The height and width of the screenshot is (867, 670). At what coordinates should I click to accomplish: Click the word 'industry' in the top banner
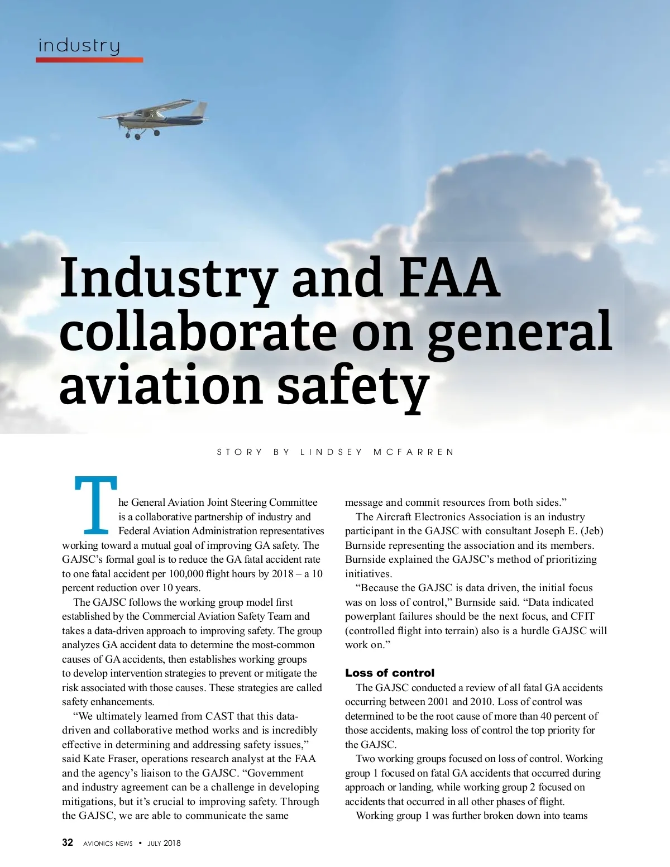[x=79, y=46]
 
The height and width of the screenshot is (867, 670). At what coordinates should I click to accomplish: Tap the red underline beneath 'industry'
[x=89, y=60]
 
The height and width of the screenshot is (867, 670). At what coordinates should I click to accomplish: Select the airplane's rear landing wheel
[x=157, y=133]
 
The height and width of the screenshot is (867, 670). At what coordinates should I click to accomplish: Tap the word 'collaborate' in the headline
[x=198, y=332]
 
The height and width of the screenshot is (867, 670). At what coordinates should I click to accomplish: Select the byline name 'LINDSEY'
[x=331, y=452]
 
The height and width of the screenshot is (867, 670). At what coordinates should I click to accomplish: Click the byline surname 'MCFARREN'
[x=414, y=452]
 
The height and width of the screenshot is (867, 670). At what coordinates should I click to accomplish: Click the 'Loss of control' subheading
[x=389, y=673]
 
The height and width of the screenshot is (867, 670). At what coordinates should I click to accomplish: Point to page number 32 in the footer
[x=68, y=842]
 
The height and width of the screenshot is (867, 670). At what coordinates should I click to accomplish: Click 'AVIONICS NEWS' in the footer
[x=108, y=844]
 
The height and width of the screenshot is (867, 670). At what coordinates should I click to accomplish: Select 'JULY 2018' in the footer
[x=164, y=844]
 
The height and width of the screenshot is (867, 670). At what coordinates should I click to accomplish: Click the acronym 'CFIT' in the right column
[x=582, y=616]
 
